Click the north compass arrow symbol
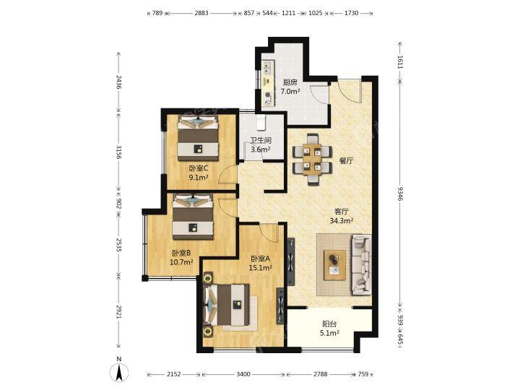(x=119, y=373)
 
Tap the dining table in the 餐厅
(x=312, y=160)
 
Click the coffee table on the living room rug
(x=334, y=264)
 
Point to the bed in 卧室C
(x=199, y=138)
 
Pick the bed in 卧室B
(x=193, y=217)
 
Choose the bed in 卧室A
(x=227, y=305)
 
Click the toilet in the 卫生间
(x=261, y=123)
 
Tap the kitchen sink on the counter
(x=267, y=69)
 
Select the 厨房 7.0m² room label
(x=290, y=87)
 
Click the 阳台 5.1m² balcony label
(x=329, y=329)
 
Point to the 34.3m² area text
(x=341, y=220)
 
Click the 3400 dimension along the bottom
(x=243, y=374)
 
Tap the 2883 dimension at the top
(x=201, y=13)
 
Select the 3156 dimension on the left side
(x=118, y=152)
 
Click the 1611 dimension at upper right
(x=400, y=62)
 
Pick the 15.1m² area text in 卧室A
(x=261, y=268)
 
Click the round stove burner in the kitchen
(x=268, y=95)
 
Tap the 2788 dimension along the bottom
(x=321, y=374)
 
